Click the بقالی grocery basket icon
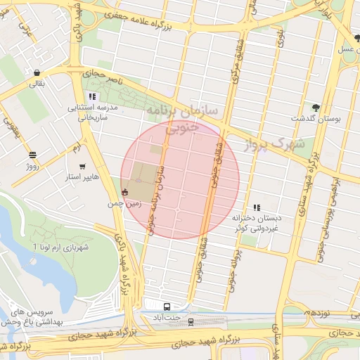36,72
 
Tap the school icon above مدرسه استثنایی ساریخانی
92,96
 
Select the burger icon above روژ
32,155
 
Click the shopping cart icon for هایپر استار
83,167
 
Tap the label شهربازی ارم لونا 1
63,247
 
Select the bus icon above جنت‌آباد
167,307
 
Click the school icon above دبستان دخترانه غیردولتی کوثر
257,207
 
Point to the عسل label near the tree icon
346,49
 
